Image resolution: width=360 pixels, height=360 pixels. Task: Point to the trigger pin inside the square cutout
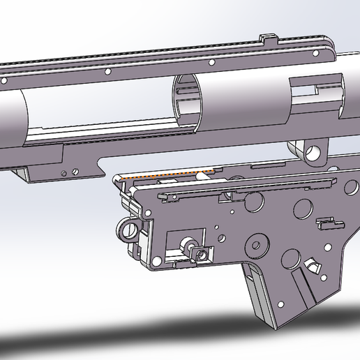pos(187,246)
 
